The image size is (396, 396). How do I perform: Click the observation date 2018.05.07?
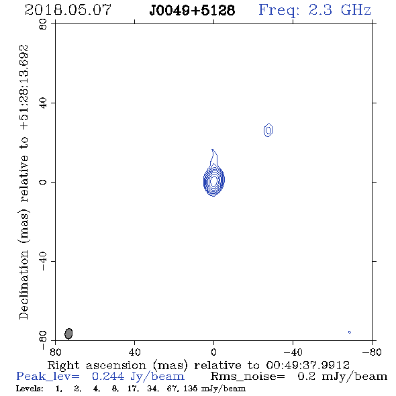point(68,10)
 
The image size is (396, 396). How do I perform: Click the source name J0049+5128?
point(192,10)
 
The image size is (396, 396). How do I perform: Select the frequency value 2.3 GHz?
point(340,10)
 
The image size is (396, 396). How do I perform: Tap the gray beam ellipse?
point(68,334)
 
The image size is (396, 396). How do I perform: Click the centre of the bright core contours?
point(214,181)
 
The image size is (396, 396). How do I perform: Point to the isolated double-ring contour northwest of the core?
point(268,130)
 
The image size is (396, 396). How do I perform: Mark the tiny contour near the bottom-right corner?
point(350,332)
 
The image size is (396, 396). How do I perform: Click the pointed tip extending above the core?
point(212,150)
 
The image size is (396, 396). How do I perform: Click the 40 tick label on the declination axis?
point(43,103)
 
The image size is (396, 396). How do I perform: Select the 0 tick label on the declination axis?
point(43,182)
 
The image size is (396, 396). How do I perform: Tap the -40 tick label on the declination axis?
point(43,261)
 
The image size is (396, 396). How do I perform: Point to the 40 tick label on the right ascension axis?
point(134,352)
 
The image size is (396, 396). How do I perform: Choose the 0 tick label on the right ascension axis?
point(213,352)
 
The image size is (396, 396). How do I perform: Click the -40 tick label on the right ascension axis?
point(293,352)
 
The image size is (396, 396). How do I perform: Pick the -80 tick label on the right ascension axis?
point(372,352)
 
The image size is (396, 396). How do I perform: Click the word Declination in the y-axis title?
point(23,285)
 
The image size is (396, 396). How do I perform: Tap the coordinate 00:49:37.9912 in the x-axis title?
point(307,365)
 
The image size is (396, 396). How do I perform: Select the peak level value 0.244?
point(108,377)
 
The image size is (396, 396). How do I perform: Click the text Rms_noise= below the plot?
point(248,377)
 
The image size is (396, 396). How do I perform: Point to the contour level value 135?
point(191,388)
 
